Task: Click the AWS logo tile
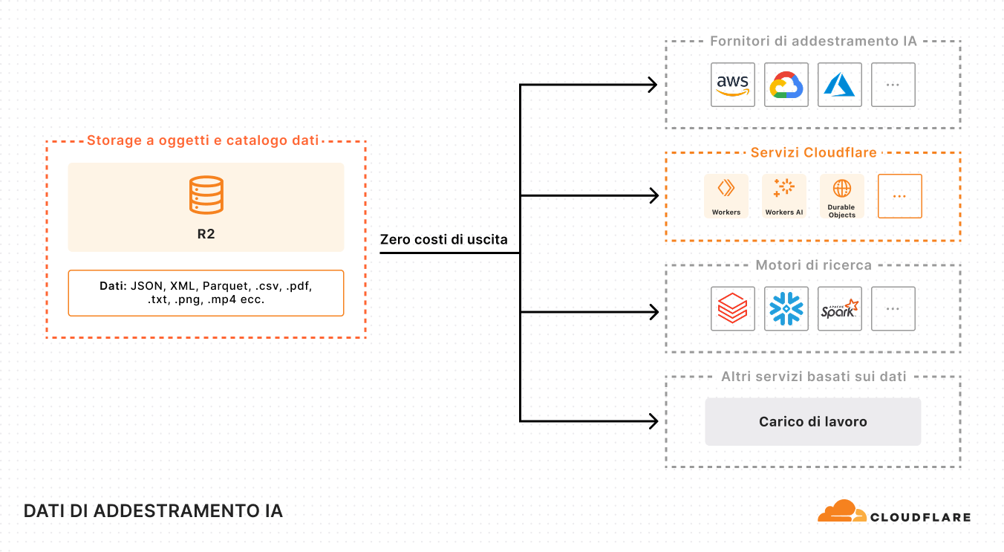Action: pos(733,85)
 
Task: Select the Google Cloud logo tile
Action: pos(786,85)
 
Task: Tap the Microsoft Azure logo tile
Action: pos(840,85)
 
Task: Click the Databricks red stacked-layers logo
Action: pos(733,309)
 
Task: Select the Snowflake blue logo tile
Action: pos(786,309)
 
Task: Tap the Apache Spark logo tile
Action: pos(840,309)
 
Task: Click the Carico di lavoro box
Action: pos(812,422)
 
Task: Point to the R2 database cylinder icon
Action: pos(206,195)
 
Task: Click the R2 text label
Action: pos(206,233)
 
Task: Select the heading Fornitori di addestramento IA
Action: pos(813,41)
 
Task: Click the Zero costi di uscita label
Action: pos(443,239)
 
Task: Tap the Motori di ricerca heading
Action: pos(813,265)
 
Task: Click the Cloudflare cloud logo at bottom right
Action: pos(842,512)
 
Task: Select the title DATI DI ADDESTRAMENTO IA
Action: pos(153,512)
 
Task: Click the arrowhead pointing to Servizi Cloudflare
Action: pos(653,196)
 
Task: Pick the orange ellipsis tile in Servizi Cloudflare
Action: pos(899,196)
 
